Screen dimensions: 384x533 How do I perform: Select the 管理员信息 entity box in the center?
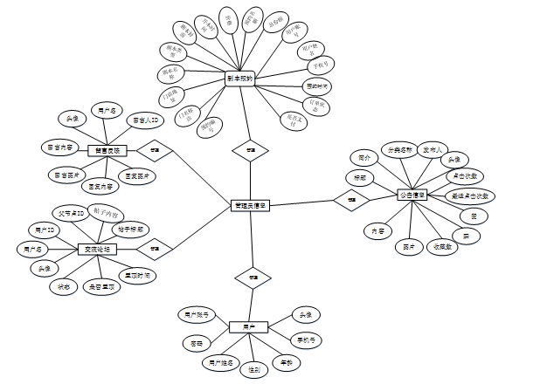251,206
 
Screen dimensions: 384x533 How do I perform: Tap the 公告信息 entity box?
414,195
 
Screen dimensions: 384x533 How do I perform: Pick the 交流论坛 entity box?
98,250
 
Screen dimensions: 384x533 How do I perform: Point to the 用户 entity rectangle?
249,326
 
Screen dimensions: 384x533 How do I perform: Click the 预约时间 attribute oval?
317,86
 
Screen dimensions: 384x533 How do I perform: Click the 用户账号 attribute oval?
195,312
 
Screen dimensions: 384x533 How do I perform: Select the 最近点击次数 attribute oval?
470,195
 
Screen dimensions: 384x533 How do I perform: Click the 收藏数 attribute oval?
444,247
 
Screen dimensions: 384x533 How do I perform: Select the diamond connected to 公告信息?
350,201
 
